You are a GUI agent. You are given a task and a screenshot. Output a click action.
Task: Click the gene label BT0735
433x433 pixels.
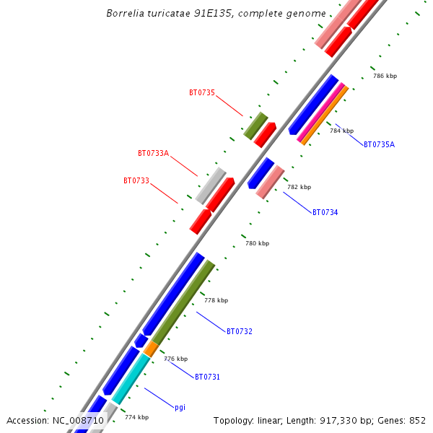point(202,92)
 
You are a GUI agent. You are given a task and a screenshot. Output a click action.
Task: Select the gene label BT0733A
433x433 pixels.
point(153,153)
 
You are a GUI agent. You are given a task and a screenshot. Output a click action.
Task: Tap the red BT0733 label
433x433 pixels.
point(136,180)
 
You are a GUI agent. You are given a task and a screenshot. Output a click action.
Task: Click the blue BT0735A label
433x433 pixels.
point(379,144)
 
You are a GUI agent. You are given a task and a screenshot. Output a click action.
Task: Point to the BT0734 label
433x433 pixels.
point(325,212)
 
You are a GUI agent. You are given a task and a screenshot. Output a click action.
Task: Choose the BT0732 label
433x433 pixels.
point(240,331)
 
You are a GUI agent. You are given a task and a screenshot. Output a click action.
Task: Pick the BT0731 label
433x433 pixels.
point(207,377)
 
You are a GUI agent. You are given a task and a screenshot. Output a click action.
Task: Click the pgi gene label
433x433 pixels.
point(180,407)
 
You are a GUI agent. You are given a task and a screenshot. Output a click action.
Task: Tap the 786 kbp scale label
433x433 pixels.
point(385,76)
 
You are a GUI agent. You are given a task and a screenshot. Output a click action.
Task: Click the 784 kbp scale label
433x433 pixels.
point(341,131)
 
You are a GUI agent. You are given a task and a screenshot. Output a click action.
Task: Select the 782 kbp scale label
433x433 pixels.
point(299,187)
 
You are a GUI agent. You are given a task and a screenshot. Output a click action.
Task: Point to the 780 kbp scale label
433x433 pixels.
point(257,243)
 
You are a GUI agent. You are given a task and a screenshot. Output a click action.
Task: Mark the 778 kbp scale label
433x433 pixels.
point(216,300)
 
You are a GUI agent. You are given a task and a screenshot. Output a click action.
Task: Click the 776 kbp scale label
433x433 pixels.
point(175,359)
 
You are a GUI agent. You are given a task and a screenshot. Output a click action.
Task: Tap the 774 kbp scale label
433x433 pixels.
point(136,417)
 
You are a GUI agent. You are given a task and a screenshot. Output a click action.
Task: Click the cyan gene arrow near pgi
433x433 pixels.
point(131,379)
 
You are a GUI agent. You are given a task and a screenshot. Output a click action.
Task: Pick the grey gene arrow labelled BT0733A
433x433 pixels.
point(210,185)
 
